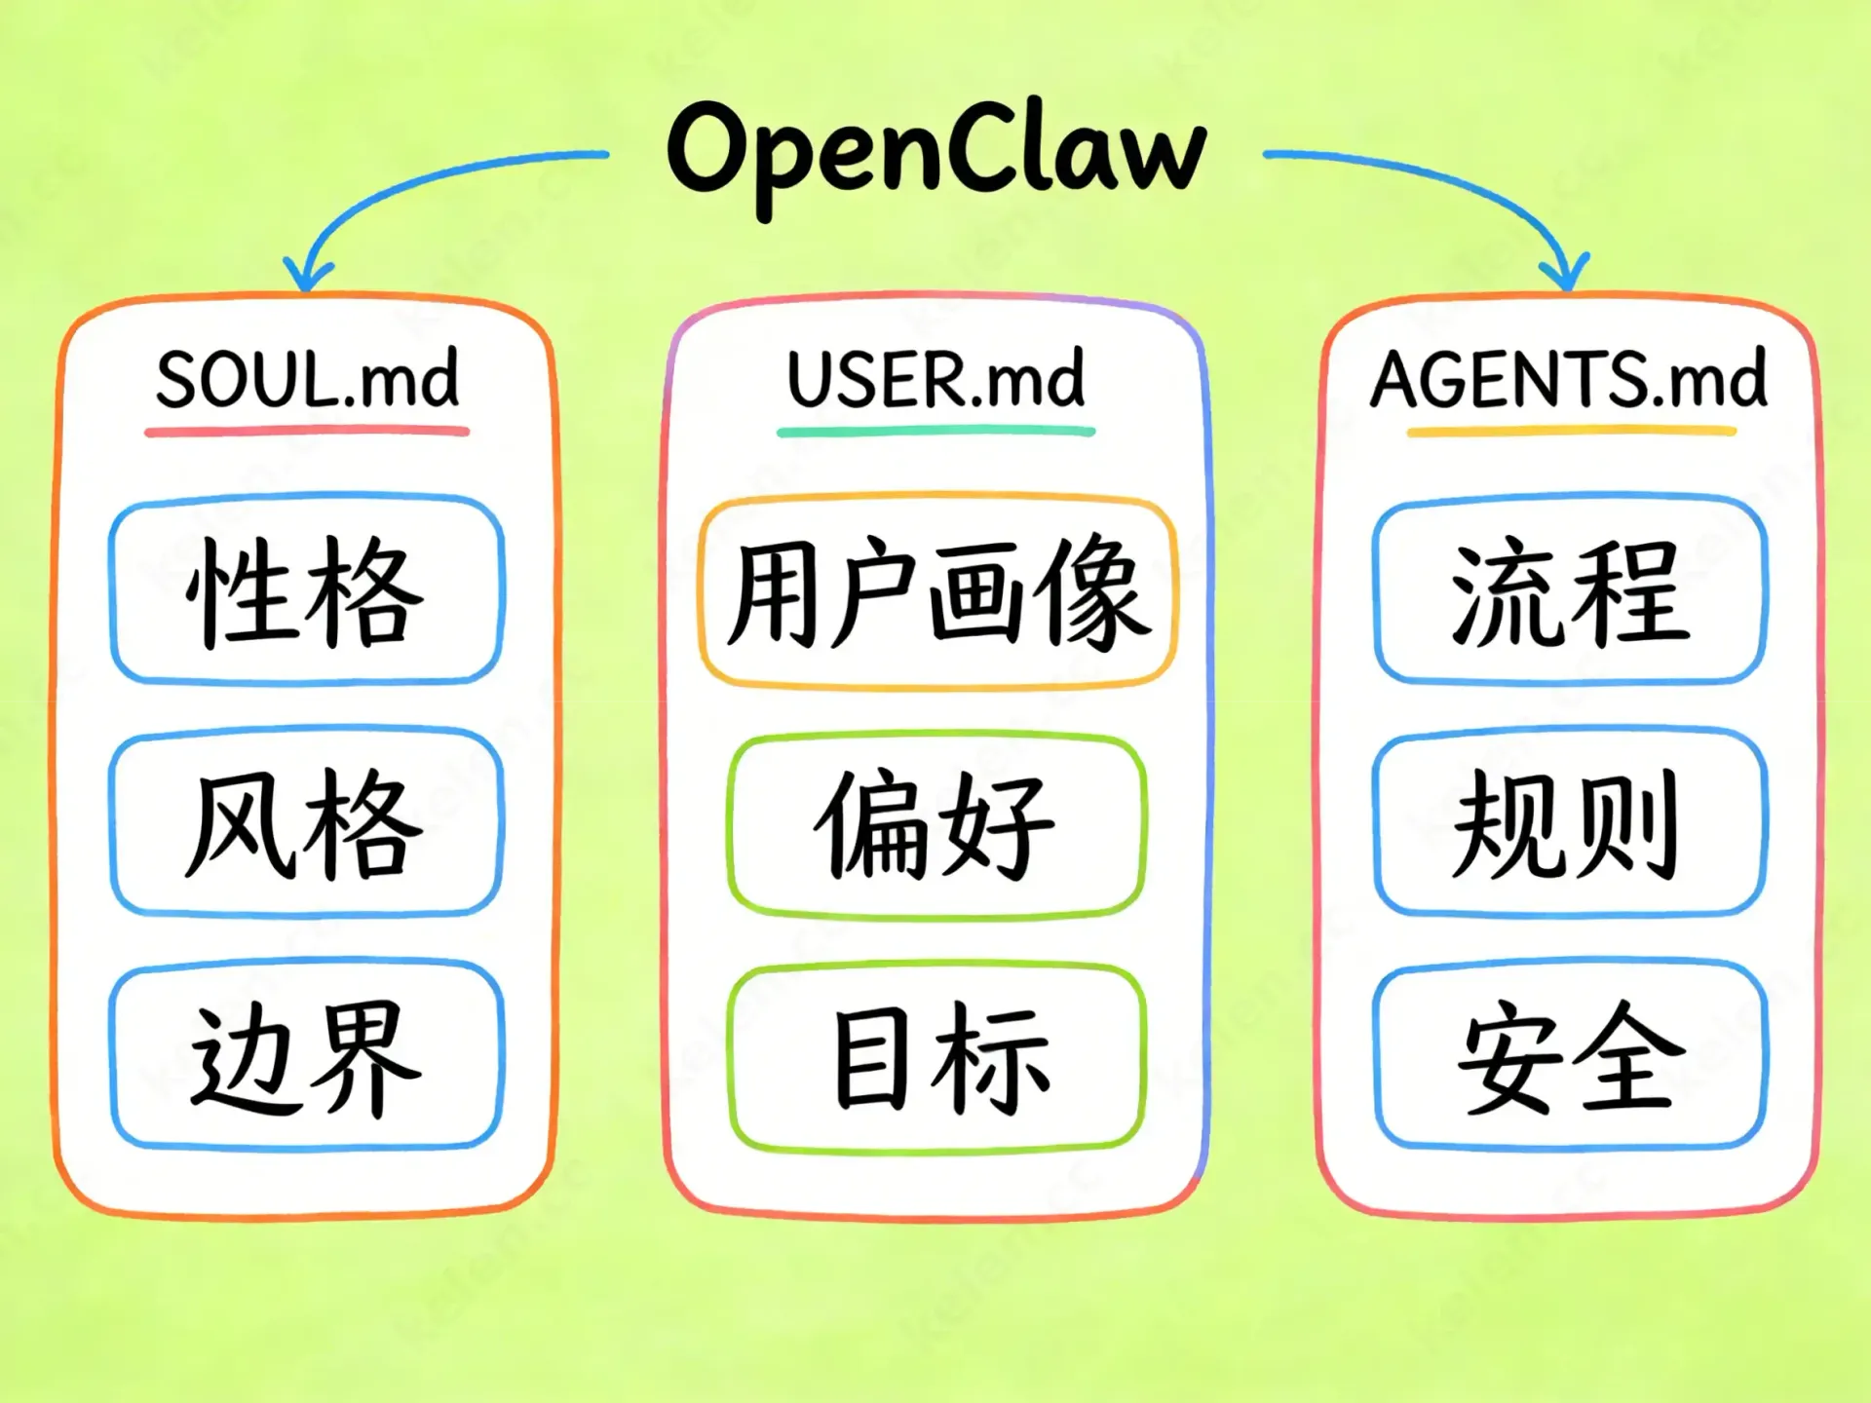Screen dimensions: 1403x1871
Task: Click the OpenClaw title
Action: (935, 151)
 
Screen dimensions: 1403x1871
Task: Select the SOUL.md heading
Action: (307, 379)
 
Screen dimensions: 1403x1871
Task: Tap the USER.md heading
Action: (935, 379)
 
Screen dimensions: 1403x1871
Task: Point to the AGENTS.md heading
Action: (1569, 379)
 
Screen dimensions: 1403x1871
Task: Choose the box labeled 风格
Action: (307, 823)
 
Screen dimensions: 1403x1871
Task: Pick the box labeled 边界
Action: (307, 1057)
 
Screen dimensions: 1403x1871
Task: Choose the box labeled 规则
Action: (1569, 823)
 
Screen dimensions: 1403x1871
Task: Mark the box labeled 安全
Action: (1569, 1057)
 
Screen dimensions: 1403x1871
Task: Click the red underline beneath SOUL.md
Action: (307, 431)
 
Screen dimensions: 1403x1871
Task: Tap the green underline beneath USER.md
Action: (935, 431)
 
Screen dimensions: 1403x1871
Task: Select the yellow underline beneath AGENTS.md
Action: (1571, 430)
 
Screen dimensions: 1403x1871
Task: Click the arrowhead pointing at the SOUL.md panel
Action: (308, 275)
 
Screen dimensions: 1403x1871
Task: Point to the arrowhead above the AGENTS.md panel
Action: (1566, 274)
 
